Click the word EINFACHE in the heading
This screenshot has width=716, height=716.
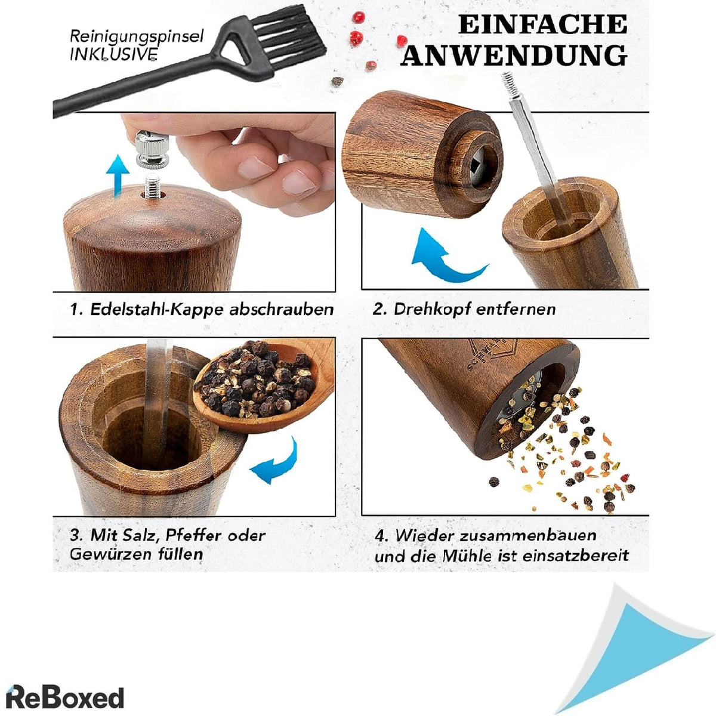pyautogui.click(x=542, y=25)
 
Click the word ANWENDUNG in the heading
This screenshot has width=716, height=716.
pyautogui.click(x=514, y=55)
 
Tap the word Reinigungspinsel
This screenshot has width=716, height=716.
pyautogui.click(x=137, y=36)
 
